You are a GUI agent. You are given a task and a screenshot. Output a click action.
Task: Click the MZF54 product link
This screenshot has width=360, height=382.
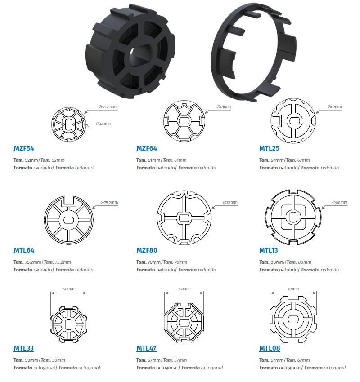[x=24, y=148]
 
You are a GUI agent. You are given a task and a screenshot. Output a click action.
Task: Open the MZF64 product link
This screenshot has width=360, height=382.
[x=147, y=148]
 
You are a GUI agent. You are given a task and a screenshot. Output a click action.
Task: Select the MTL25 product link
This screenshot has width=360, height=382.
[x=269, y=148]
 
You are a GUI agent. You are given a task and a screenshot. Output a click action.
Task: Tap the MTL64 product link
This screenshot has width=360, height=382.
[x=24, y=250]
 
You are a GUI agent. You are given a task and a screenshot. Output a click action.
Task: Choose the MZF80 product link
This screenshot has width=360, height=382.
[x=147, y=250]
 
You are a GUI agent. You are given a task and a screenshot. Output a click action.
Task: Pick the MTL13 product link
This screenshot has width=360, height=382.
[x=269, y=250]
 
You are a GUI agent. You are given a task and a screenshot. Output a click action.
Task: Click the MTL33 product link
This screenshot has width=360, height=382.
[x=24, y=348]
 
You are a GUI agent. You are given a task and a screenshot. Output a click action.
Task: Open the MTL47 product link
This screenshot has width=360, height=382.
[x=146, y=348]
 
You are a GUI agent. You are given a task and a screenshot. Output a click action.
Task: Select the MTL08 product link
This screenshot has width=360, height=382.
[x=270, y=348]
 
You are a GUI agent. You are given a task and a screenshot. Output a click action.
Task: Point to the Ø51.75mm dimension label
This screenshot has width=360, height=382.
[x=108, y=107]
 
